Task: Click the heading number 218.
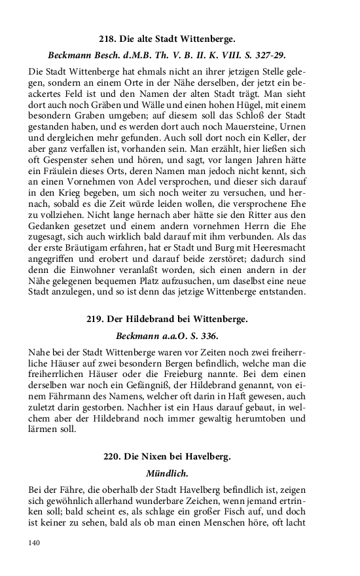coord(107,39)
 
